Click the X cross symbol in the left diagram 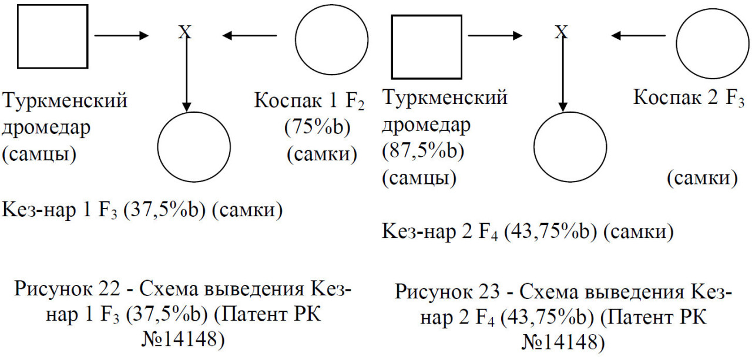click(185, 32)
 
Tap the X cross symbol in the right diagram click(561, 32)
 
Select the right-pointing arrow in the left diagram click(122, 35)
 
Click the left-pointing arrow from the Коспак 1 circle click(250, 35)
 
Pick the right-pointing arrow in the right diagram click(495, 35)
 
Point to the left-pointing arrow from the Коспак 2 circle click(638, 35)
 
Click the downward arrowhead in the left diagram click(186, 107)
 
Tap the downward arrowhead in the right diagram click(563, 107)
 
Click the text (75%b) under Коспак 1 click(317, 127)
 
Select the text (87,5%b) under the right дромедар click(423, 151)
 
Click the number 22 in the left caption click(109, 288)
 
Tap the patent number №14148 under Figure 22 click(183, 339)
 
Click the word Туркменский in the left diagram click(65, 100)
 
